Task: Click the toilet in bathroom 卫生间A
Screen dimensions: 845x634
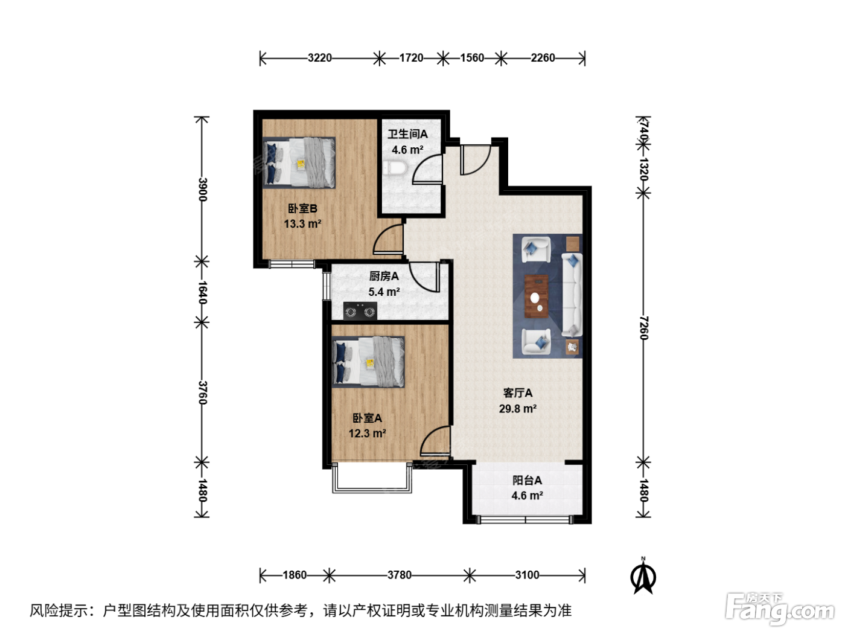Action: (x=395, y=168)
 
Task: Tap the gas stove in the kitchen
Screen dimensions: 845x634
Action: (x=360, y=310)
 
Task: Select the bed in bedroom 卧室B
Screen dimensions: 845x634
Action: (x=299, y=162)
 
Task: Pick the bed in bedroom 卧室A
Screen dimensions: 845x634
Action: (x=368, y=362)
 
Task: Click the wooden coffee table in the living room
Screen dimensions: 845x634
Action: (x=536, y=296)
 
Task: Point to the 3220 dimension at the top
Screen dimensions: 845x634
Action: (x=319, y=58)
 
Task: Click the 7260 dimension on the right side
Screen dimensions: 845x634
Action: (x=643, y=328)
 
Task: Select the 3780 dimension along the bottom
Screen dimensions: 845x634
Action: (x=399, y=575)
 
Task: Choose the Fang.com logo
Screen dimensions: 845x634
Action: (x=779, y=609)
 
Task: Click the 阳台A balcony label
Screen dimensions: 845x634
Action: (x=527, y=480)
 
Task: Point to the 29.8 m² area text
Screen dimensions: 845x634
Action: (x=518, y=408)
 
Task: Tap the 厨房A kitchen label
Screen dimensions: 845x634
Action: (x=384, y=276)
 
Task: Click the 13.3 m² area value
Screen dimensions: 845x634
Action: (x=302, y=223)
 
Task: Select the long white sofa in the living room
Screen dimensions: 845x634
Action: (x=572, y=295)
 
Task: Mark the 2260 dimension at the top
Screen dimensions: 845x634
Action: (x=543, y=58)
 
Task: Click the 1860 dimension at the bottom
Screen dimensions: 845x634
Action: (x=295, y=575)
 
